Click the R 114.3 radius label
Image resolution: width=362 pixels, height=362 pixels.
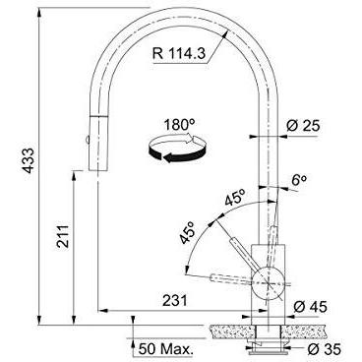pyautogui.click(x=179, y=53)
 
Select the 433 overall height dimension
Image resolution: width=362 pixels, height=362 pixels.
pyautogui.click(x=30, y=160)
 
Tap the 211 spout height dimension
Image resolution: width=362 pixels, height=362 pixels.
pyautogui.click(x=63, y=236)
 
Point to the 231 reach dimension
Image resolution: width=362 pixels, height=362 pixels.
pyautogui.click(x=175, y=300)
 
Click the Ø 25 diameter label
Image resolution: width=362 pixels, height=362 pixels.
pyautogui.click(x=303, y=126)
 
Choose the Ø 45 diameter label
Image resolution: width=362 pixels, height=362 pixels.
pyautogui.click(x=310, y=307)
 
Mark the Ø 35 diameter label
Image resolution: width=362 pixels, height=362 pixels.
pyautogui.click(x=324, y=349)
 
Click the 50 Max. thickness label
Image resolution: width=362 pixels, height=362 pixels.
pyautogui.click(x=165, y=349)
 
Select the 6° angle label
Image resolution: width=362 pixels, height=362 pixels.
pyautogui.click(x=299, y=181)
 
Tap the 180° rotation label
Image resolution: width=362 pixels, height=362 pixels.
pyautogui.click(x=179, y=125)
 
